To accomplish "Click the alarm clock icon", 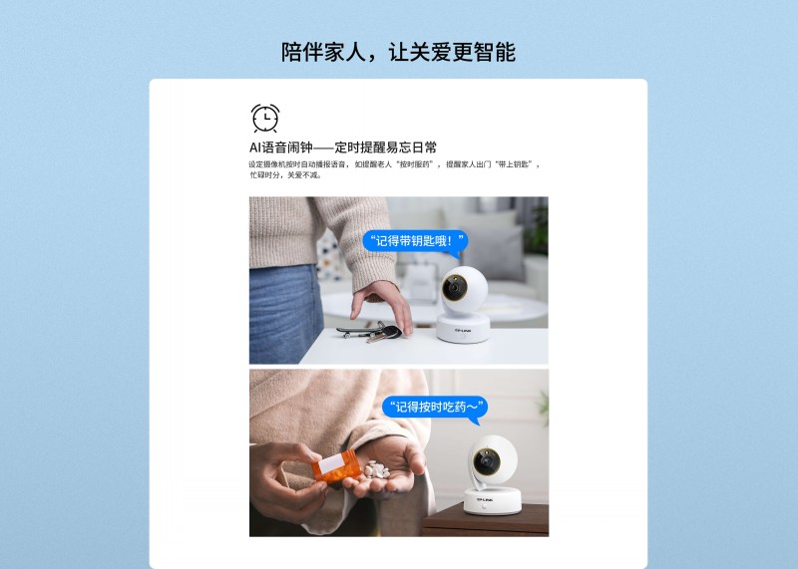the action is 265,118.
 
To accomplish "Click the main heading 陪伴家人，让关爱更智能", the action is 398,53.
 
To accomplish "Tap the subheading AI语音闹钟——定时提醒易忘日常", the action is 343,147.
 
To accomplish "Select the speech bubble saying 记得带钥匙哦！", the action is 415,241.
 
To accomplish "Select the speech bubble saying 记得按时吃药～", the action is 435,408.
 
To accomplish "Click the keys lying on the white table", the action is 370,332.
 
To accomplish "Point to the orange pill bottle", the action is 336,466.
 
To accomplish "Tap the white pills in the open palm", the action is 376,469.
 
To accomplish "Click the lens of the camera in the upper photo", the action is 454,288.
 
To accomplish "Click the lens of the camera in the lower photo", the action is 486,461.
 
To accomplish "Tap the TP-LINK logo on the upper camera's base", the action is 463,331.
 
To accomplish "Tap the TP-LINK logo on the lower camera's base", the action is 485,500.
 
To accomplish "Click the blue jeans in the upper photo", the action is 285,314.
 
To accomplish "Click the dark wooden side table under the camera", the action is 485,520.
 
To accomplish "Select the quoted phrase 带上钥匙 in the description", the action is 513,164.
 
